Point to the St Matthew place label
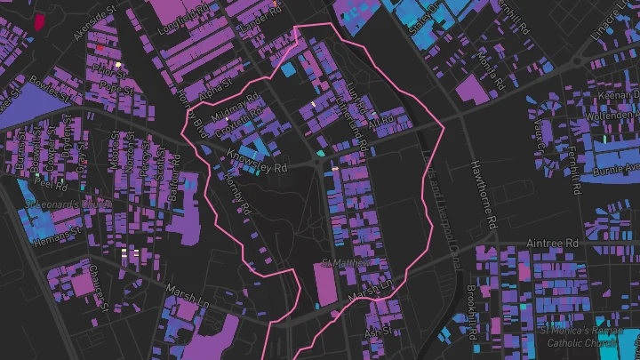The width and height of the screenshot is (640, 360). pos(345,263)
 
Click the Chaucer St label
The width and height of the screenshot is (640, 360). pos(99,280)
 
